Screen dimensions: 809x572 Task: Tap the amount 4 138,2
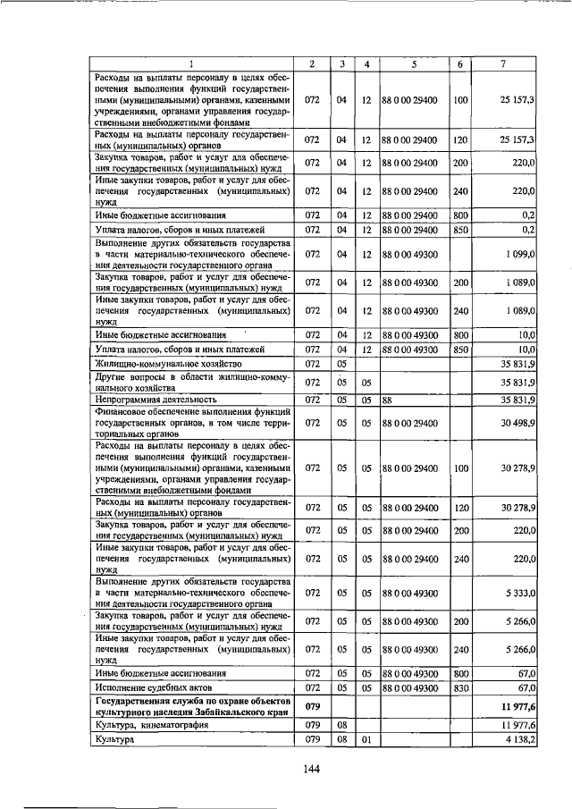tap(517, 741)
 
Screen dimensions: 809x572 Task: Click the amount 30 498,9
tap(517, 422)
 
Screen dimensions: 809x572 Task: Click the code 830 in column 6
tap(459, 687)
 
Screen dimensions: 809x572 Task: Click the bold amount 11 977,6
tap(516, 707)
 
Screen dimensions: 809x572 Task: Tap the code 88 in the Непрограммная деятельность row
tap(388, 399)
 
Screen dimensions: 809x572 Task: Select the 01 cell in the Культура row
tap(366, 741)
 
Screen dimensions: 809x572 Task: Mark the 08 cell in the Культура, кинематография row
tap(341, 725)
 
